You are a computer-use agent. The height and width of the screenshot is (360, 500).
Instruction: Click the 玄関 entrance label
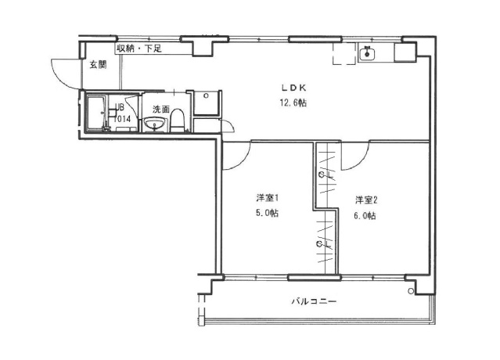(x=96, y=65)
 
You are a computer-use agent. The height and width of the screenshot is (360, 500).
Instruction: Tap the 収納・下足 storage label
(x=139, y=49)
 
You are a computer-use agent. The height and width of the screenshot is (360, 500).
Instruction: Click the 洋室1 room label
(x=268, y=198)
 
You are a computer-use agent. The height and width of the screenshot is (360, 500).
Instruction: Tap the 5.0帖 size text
(x=268, y=214)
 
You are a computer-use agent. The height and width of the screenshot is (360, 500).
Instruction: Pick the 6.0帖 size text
(x=365, y=215)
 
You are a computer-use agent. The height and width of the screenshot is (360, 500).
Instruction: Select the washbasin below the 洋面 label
(x=152, y=124)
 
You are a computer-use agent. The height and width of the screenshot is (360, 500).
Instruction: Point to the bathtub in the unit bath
(x=97, y=114)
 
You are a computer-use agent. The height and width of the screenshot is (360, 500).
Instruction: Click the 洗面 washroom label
(x=161, y=109)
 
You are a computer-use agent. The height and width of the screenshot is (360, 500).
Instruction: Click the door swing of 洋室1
(x=236, y=156)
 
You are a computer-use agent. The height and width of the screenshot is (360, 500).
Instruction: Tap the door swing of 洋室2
(x=354, y=157)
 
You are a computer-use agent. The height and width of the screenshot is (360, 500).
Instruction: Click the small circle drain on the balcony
(x=410, y=292)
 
